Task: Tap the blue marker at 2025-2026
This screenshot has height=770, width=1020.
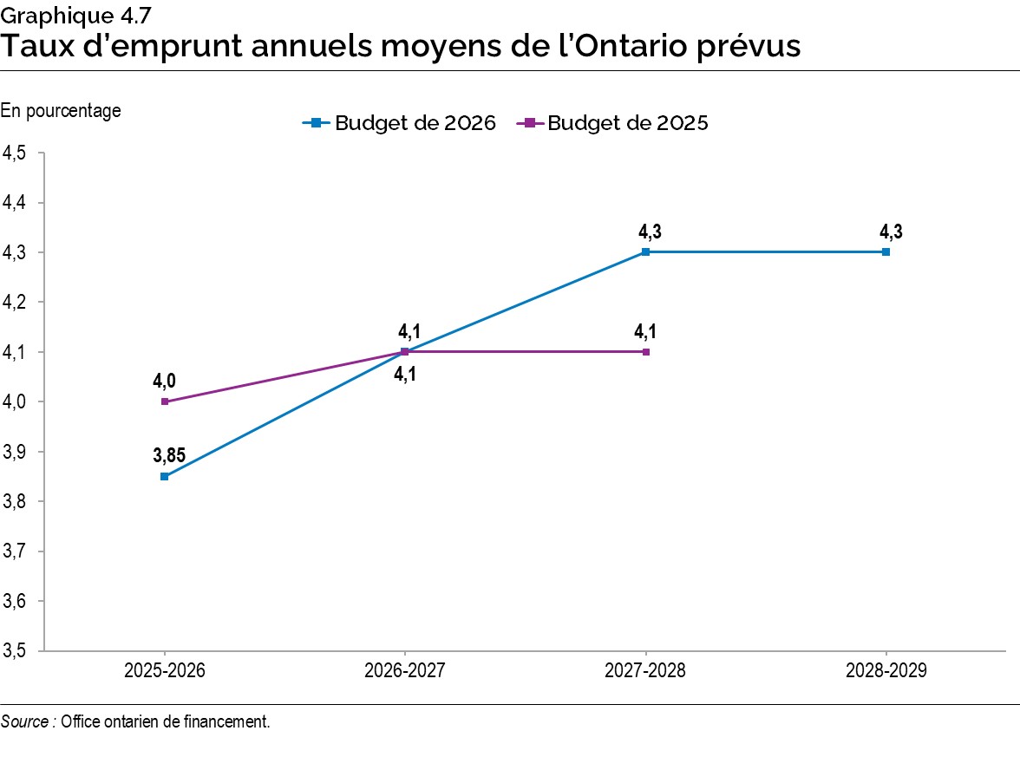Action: pyautogui.click(x=164, y=476)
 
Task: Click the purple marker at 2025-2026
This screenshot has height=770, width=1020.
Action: pyautogui.click(x=164, y=401)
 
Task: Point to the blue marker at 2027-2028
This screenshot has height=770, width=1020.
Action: pyautogui.click(x=645, y=252)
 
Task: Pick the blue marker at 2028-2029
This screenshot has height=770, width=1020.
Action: pyautogui.click(x=886, y=252)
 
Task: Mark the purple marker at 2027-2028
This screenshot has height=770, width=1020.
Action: pyautogui.click(x=645, y=352)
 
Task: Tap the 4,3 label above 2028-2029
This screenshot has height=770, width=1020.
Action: pyautogui.click(x=890, y=232)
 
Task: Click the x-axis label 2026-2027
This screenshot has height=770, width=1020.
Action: pyautogui.click(x=404, y=671)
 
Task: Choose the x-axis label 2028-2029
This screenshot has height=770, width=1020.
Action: pyautogui.click(x=886, y=671)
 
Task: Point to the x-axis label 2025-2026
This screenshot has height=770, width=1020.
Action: pyautogui.click(x=164, y=671)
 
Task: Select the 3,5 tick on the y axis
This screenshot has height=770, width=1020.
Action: pyautogui.click(x=16, y=651)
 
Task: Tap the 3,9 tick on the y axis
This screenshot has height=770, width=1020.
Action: pyautogui.click(x=16, y=452)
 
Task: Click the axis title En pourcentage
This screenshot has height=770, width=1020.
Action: pyautogui.click(x=61, y=110)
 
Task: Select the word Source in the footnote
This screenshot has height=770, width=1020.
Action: pyautogui.click(x=23, y=721)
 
